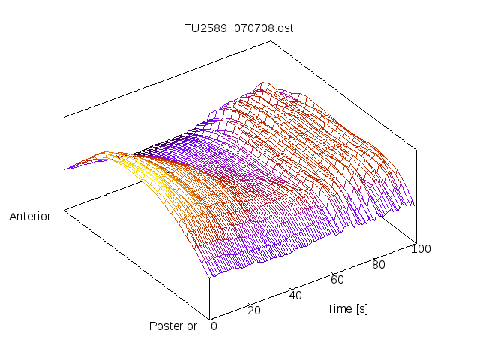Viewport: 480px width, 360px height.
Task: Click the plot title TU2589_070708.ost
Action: coord(239,28)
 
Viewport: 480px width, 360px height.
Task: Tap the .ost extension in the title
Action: coord(283,28)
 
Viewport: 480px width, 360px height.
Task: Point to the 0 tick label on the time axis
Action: coord(214,325)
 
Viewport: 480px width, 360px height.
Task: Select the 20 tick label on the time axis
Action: coord(253,310)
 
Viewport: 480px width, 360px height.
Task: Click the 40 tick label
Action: coord(295,295)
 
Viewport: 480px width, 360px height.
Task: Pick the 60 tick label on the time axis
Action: coord(337,280)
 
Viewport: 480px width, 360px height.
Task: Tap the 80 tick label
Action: coord(378,264)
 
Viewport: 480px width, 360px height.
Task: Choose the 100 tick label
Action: coord(421,249)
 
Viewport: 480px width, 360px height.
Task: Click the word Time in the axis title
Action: coord(338,308)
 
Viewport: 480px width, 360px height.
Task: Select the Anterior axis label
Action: coord(30,217)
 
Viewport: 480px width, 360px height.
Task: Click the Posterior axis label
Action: coord(173,325)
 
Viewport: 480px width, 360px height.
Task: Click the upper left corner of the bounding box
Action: coord(64,116)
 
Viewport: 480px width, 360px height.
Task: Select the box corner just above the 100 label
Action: coord(415,241)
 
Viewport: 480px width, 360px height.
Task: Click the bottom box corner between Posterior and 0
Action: coord(208,318)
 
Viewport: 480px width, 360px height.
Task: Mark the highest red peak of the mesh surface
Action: coord(262,83)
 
